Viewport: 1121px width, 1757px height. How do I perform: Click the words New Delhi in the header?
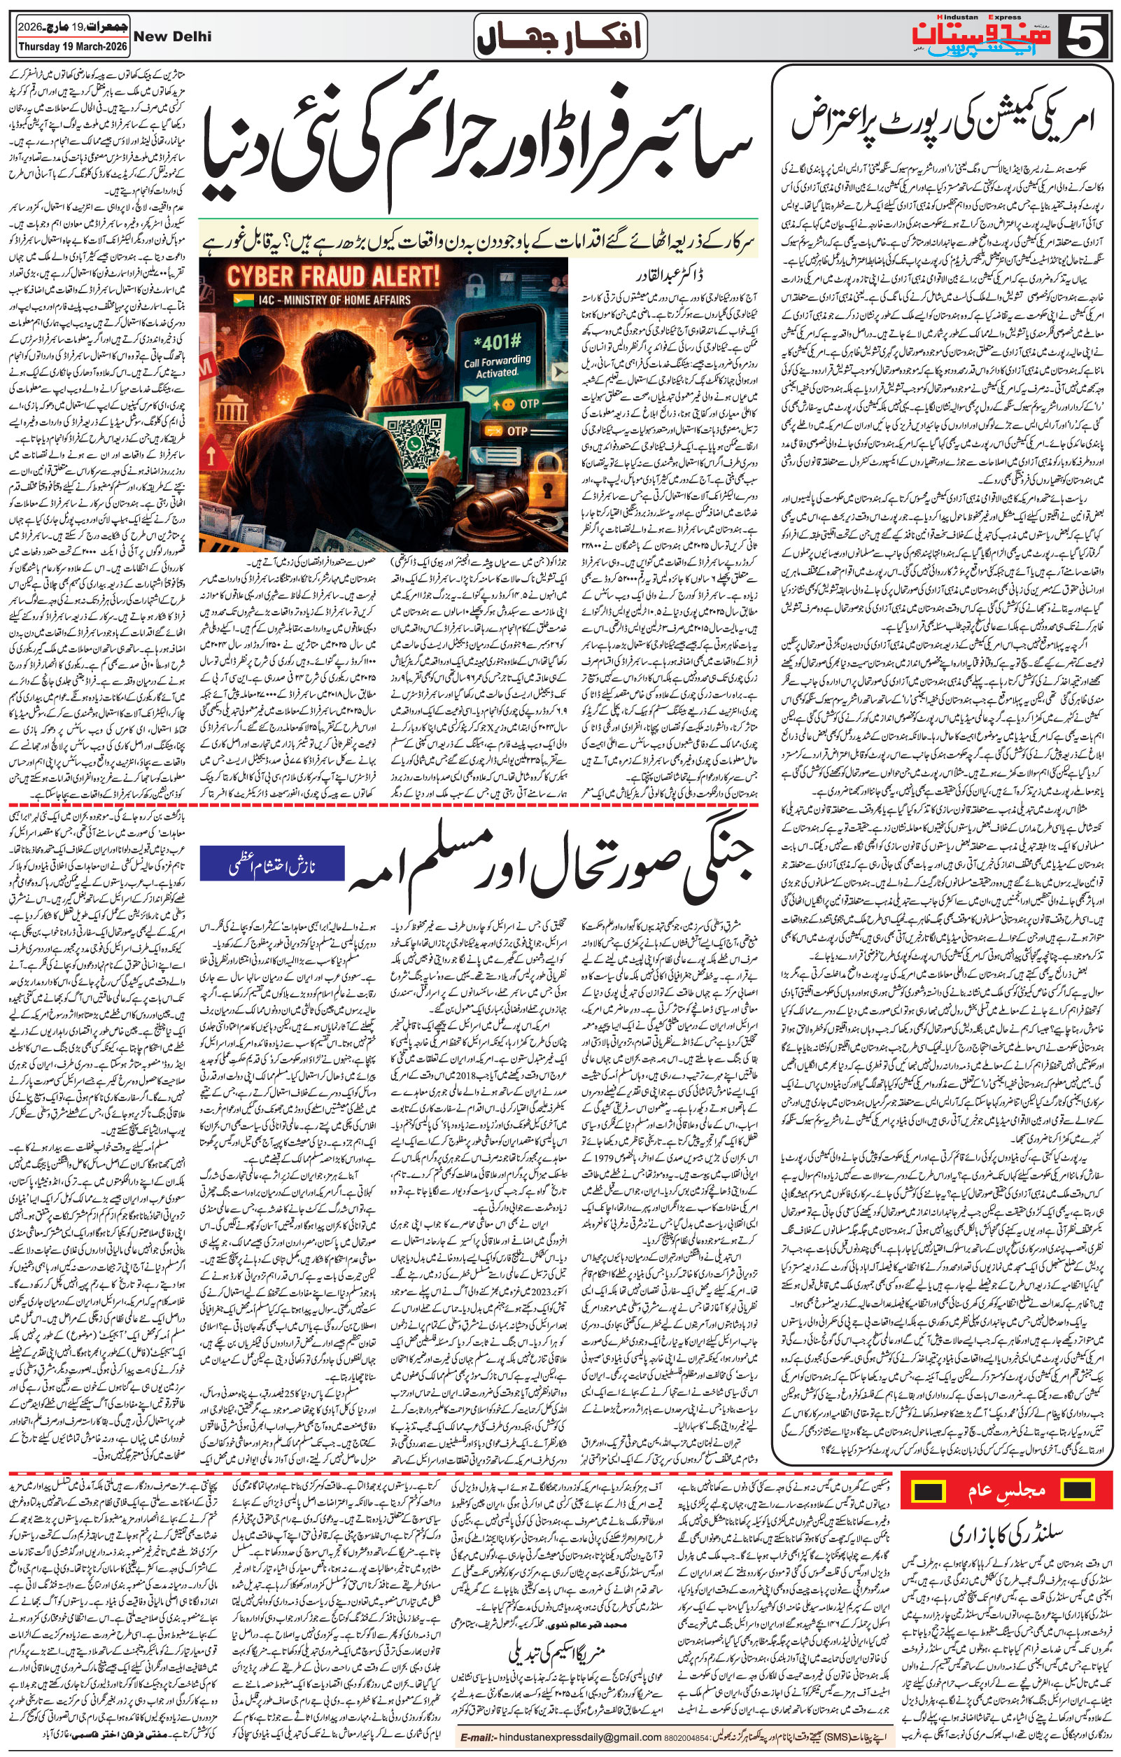(173, 36)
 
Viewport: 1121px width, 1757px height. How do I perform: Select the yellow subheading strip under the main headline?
(478, 240)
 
